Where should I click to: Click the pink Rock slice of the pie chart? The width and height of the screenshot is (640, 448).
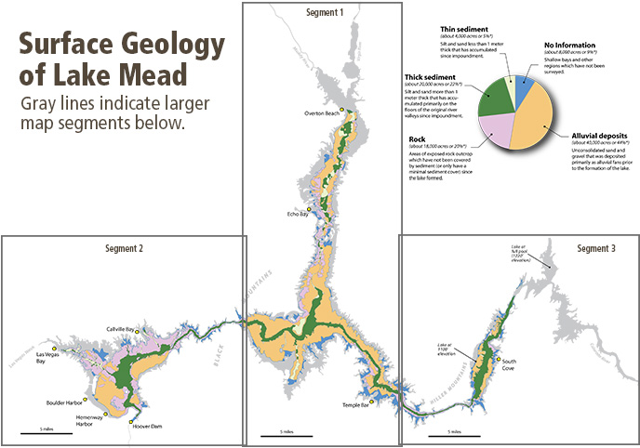pos(500,130)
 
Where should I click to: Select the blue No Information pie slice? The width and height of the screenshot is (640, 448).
pos(524,89)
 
